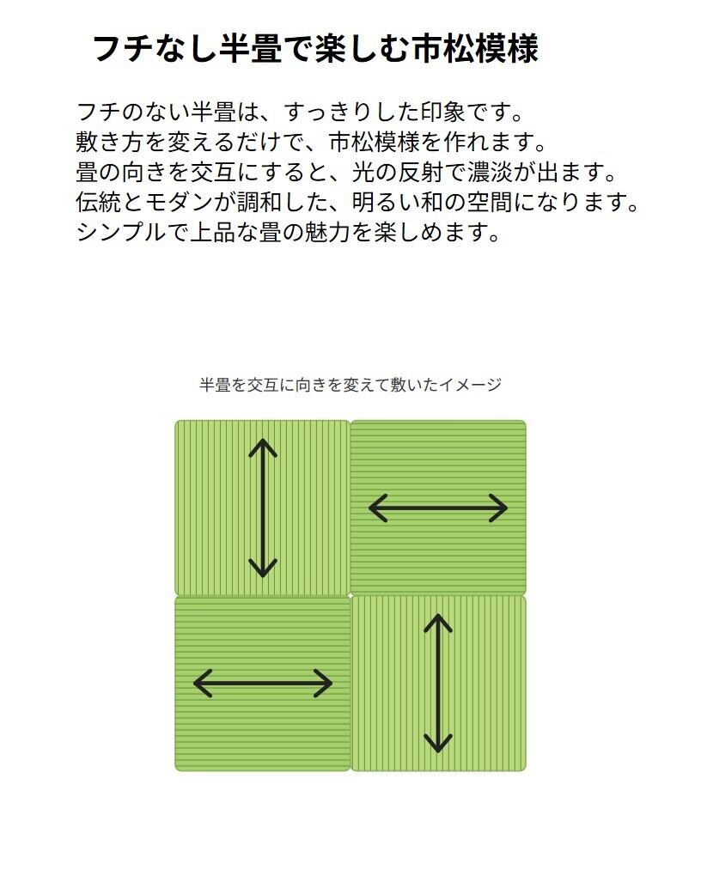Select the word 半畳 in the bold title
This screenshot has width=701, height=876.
tap(241, 49)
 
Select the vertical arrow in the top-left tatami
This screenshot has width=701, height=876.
tap(263, 508)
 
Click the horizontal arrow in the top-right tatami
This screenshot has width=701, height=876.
tap(438, 508)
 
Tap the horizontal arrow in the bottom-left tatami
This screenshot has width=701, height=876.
tap(263, 684)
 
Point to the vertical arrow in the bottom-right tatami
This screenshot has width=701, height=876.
tap(438, 683)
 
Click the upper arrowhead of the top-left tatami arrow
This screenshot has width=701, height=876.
tap(263, 447)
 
